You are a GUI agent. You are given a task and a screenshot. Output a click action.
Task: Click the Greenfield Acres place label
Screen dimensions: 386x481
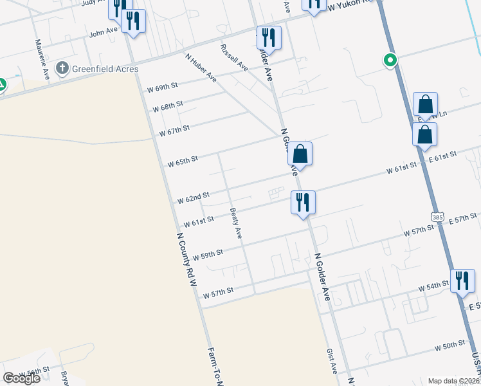click(x=105, y=68)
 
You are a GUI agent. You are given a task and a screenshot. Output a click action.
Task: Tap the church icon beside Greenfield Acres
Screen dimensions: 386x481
click(x=62, y=68)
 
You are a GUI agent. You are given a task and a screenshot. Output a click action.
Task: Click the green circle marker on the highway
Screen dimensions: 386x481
click(x=390, y=61)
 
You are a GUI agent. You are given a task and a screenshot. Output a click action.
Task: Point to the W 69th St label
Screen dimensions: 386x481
click(x=161, y=87)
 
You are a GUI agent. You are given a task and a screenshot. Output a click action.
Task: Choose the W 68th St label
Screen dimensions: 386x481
click(x=168, y=106)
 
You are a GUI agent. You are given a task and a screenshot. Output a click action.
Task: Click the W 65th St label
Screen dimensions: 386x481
click(x=183, y=161)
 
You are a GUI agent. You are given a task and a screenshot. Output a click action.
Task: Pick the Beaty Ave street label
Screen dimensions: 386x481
click(x=236, y=223)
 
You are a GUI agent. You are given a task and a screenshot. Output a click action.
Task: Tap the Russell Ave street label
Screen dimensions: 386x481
click(x=234, y=57)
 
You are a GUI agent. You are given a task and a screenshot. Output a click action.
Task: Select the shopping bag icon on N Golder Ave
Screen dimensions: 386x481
click(x=300, y=154)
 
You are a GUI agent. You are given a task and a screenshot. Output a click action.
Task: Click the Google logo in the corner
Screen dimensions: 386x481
click(x=21, y=378)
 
